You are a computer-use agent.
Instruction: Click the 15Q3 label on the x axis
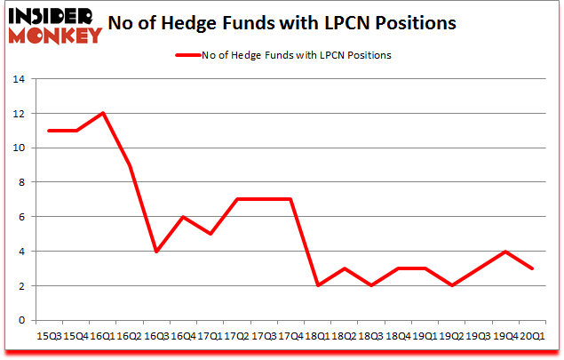[50, 337]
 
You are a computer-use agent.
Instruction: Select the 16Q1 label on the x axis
[102, 337]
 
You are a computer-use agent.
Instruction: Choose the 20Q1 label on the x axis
[531, 337]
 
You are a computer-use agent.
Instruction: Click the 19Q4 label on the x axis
[504, 337]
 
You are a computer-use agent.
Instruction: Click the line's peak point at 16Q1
[103, 113]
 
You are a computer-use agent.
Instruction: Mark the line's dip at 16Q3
[157, 252]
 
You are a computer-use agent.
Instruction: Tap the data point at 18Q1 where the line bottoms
[318, 285]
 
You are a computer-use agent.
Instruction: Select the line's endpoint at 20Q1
[532, 268]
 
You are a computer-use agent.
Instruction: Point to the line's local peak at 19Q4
[505, 252]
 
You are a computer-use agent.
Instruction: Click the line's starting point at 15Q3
[50, 131]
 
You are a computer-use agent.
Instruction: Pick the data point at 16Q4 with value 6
[184, 217]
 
